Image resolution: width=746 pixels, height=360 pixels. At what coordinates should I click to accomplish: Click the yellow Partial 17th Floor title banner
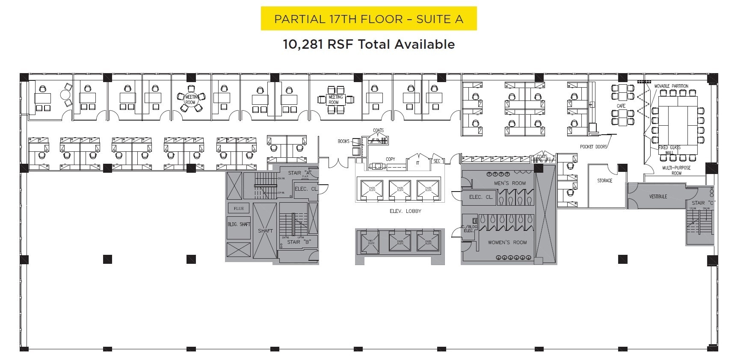368,19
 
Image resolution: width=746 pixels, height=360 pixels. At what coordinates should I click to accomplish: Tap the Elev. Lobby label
405,211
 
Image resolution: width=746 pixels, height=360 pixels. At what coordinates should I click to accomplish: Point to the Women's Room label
507,242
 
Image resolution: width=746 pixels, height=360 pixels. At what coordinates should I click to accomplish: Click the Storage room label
604,181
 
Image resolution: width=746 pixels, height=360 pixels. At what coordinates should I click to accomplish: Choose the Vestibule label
658,197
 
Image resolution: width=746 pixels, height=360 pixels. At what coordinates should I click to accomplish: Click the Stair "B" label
293,242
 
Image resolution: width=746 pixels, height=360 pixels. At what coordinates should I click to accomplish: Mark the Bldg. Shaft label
239,224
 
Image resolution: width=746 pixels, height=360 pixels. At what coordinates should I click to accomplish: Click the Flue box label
239,208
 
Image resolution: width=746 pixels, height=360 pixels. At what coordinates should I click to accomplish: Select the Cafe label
621,106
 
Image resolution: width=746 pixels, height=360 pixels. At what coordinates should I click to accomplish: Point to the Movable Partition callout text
671,86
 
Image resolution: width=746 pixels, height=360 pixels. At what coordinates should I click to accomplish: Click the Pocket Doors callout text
593,147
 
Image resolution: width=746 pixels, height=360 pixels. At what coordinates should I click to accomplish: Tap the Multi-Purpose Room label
676,170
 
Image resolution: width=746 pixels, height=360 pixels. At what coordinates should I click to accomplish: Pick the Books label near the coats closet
343,141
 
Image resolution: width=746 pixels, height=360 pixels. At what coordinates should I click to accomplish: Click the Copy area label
390,159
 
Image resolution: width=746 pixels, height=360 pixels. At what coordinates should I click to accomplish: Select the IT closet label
418,163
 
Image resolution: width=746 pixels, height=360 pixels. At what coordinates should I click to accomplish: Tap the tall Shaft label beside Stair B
265,231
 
